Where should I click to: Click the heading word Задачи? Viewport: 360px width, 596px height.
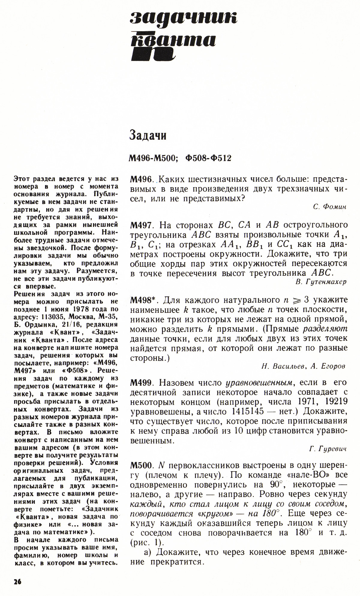(x=148, y=136)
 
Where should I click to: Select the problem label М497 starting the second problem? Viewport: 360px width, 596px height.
(x=142, y=225)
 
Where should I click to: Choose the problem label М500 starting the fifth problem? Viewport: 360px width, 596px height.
(x=142, y=466)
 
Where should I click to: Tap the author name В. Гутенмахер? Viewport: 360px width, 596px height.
(x=321, y=282)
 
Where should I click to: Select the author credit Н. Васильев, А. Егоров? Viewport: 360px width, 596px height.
(x=303, y=366)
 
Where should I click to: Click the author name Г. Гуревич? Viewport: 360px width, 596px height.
(x=328, y=449)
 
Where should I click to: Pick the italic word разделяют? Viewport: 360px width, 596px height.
(x=325, y=329)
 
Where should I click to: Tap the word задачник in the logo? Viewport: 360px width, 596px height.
(x=184, y=18)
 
